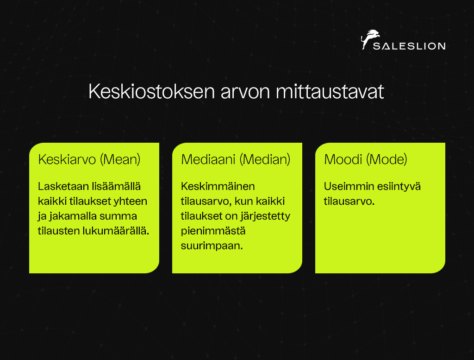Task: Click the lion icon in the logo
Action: (370, 39)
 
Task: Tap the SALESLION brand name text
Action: (409, 46)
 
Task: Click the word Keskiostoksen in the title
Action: (152, 91)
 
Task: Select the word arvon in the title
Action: (245, 92)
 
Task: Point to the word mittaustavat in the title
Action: (330, 91)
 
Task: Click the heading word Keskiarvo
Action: (67, 159)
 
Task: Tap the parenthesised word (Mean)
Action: (120, 159)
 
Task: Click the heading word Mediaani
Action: (208, 159)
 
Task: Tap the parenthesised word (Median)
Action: (265, 159)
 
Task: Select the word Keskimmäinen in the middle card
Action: (218, 186)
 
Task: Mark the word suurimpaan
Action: (212, 246)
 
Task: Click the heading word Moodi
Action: (343, 159)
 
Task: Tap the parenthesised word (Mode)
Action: (387, 159)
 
